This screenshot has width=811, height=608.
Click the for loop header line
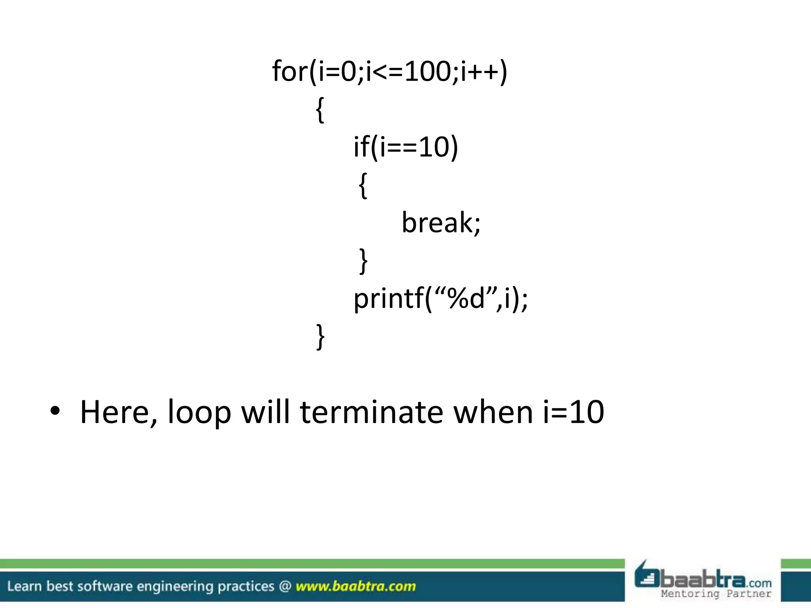pos(390,72)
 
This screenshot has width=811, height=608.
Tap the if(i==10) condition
pos(405,147)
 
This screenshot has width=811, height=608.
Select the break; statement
pos(441,223)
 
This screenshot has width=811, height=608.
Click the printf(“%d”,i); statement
pos(440,299)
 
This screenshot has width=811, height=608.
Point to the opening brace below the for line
pos(320,110)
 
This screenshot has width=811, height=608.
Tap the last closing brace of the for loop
pos(320,336)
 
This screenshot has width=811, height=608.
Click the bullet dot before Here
pos(55,412)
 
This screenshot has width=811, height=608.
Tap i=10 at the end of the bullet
pos(573,412)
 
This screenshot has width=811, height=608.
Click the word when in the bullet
pos(493,412)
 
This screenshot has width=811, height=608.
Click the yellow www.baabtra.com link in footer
pos(356,586)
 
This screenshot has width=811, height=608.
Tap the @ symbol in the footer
pos(285,586)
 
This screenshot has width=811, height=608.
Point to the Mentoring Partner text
pos(716,593)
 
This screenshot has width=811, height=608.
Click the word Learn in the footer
pos(24,586)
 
